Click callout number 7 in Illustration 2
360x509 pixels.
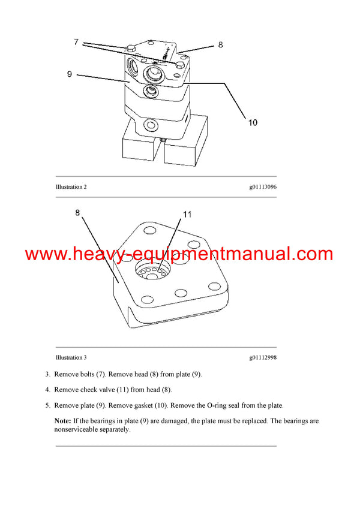76,42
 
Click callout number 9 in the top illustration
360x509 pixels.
70,74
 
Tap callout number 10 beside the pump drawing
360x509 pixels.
253,122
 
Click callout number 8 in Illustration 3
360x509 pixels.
77,212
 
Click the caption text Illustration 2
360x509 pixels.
71,187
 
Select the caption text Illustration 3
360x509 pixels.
71,357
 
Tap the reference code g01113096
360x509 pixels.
263,187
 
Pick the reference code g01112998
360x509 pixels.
263,357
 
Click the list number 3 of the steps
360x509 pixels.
48,375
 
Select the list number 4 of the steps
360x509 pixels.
48,390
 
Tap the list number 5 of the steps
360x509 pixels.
48,406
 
